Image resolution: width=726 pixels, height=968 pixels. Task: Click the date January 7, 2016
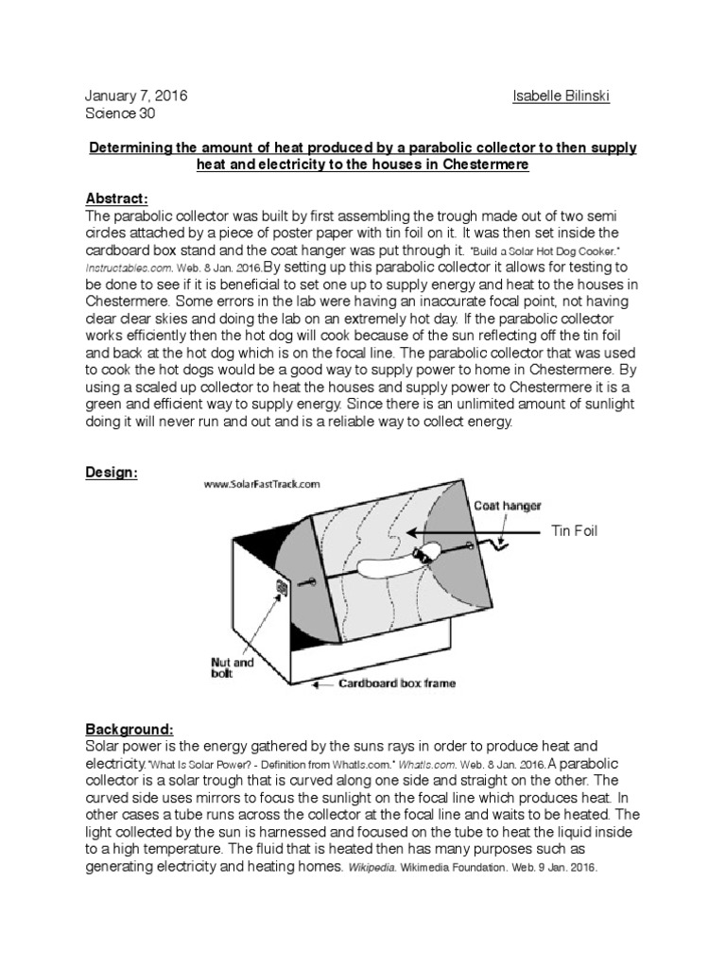136,97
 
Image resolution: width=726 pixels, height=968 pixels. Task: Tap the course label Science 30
119,114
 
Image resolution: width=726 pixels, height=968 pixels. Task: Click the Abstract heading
117,199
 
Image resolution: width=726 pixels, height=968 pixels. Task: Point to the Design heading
112,473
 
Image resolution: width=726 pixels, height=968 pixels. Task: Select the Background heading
130,731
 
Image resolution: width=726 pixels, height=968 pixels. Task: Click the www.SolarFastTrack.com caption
262,483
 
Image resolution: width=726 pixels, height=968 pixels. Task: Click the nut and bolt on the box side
281,590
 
